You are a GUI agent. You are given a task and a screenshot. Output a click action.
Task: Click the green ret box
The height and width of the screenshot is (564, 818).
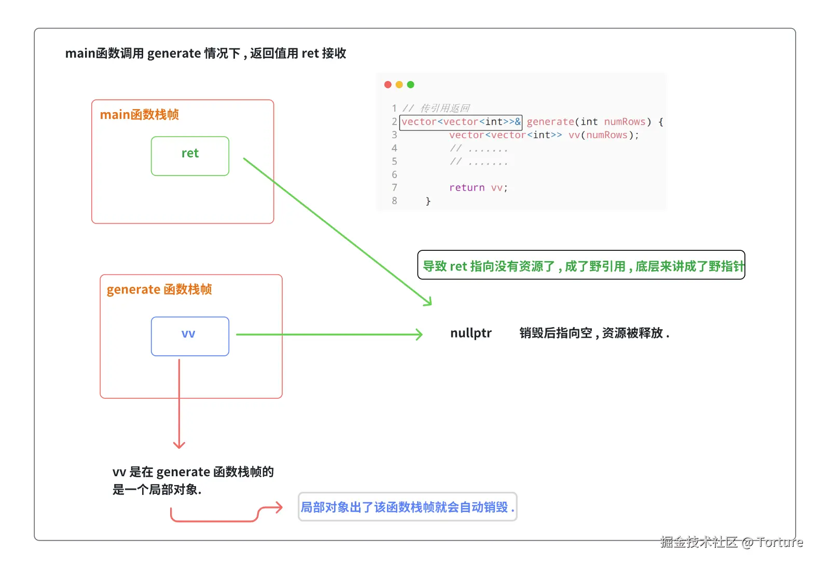[190, 156]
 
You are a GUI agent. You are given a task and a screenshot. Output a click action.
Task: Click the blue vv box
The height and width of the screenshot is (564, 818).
[190, 336]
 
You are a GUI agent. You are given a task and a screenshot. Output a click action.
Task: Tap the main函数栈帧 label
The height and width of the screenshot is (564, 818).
[139, 115]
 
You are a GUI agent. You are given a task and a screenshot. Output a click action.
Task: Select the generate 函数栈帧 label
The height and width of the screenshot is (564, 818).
[159, 289]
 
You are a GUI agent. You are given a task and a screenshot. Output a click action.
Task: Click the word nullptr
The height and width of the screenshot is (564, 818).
[470, 333]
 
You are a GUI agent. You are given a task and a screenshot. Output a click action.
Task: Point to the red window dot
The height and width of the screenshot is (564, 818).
[387, 85]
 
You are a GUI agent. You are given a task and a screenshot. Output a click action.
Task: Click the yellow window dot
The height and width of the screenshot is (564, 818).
[399, 85]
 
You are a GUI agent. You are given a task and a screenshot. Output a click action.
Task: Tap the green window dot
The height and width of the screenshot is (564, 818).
[410, 85]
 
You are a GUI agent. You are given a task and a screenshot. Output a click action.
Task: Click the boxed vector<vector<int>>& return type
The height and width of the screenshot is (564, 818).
[461, 122]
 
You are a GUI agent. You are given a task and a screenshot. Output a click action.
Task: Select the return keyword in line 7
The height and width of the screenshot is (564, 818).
[466, 187]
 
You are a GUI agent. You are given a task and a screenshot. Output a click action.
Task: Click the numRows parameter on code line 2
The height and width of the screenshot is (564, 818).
[625, 122]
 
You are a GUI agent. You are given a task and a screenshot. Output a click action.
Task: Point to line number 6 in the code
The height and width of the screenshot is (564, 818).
[394, 174]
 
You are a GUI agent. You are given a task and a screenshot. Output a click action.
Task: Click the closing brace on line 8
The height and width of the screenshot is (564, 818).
[428, 201]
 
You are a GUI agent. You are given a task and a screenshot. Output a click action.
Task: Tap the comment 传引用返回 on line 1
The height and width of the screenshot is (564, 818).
[445, 108]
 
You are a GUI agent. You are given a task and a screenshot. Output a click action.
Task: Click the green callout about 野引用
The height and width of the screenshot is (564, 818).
[581, 265]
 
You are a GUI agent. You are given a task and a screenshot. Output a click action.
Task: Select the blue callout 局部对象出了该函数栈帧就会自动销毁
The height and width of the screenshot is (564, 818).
[407, 507]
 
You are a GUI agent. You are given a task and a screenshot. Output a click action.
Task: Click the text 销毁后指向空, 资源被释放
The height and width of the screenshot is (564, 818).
[594, 333]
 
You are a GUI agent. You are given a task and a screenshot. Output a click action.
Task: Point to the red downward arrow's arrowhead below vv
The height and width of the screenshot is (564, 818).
[179, 445]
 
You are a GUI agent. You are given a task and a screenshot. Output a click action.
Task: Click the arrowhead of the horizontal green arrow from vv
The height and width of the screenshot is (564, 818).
[420, 334]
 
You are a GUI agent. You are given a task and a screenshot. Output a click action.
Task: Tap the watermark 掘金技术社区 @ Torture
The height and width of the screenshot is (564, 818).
[731, 542]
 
